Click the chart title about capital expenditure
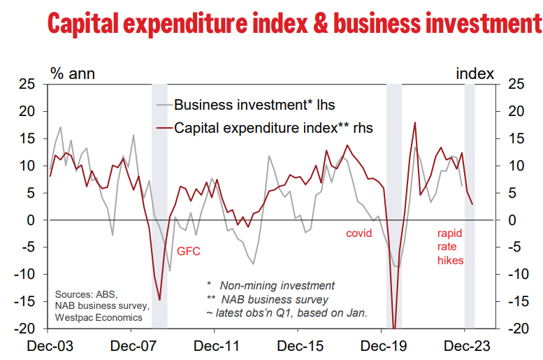tap(294, 23)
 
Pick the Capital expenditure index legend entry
tap(273, 128)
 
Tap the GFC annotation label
tap(188, 250)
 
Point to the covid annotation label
tap(360, 233)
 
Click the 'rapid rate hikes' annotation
tap(450, 246)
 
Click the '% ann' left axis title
tap(72, 73)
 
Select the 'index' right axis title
tap(475, 73)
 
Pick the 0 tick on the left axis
tap(31, 220)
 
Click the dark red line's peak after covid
tap(415, 123)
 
